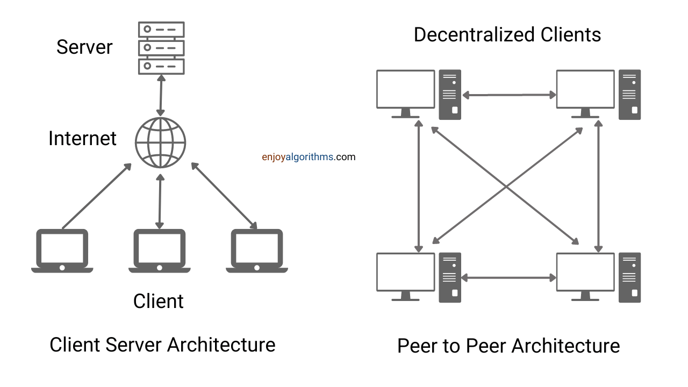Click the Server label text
tap(84, 47)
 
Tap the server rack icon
tap(161, 48)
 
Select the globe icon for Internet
tap(160, 142)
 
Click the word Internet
tap(82, 138)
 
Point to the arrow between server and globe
tap(161, 96)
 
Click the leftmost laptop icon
tap(62, 251)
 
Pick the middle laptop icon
tap(160, 251)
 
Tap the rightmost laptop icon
tap(257, 251)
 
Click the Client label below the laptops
tap(158, 301)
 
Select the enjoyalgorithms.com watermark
tap(309, 157)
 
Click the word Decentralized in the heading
tap(474, 34)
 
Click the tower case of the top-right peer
tap(629, 95)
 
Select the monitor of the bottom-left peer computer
tap(405, 277)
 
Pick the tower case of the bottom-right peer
tap(629, 277)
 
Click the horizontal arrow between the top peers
tap(509, 95)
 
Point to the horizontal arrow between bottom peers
tap(508, 278)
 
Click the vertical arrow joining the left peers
tap(419, 186)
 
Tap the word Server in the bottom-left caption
tap(133, 345)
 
